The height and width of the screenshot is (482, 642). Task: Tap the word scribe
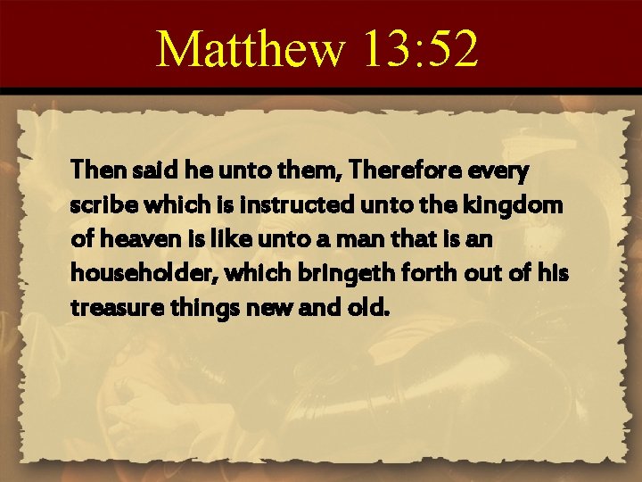tap(98, 206)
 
